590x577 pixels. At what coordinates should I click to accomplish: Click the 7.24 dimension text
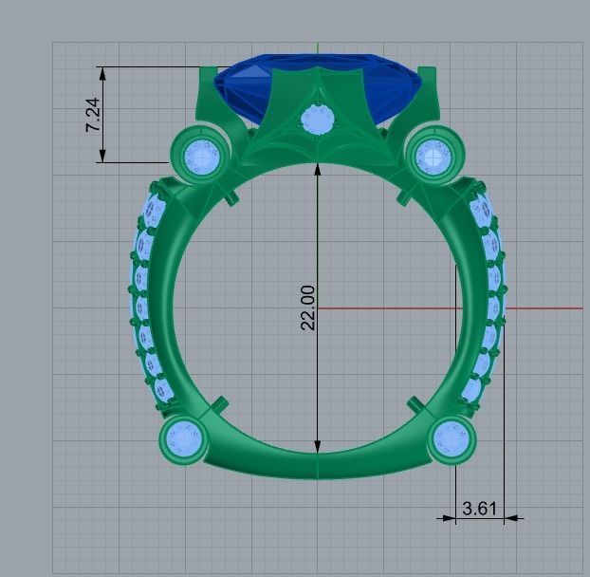pos(93,114)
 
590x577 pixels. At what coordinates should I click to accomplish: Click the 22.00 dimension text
pos(307,307)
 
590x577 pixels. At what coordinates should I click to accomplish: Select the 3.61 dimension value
pos(479,509)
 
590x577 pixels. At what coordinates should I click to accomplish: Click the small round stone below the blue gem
pos(316,121)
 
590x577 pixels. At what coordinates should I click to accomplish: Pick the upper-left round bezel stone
pos(201,154)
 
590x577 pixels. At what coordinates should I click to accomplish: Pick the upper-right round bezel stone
pos(433,154)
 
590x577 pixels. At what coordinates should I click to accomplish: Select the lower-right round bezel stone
pos(452,438)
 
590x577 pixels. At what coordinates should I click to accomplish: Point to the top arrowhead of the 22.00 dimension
pos(318,171)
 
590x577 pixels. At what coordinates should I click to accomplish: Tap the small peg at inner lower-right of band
pos(413,403)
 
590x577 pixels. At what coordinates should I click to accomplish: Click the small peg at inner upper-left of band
pos(230,197)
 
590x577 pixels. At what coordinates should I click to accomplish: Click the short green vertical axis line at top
pos(317,48)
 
